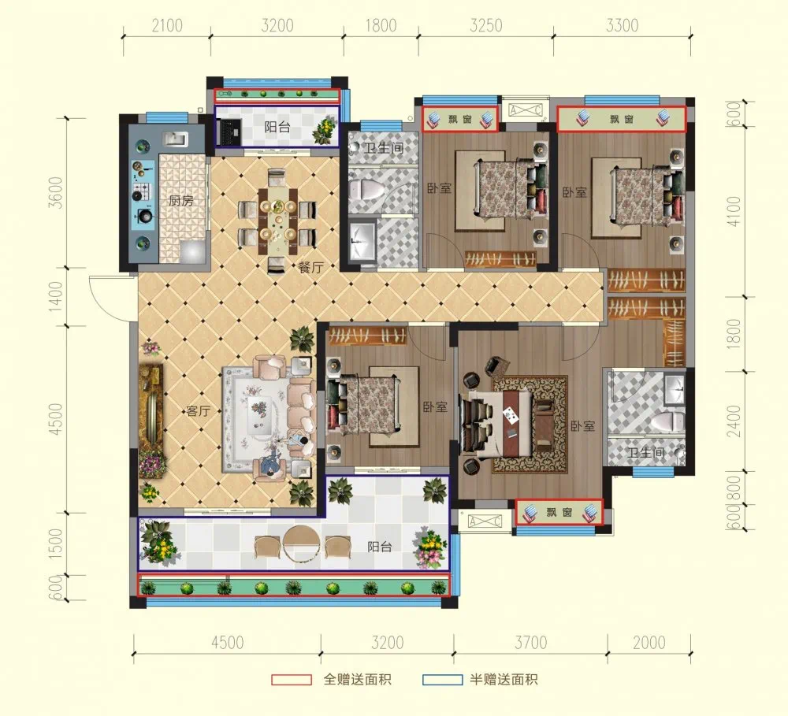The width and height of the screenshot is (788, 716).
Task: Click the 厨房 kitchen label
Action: tap(181, 201)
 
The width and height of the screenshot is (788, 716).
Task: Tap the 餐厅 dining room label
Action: tap(310, 267)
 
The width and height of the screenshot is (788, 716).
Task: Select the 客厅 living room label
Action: tap(198, 411)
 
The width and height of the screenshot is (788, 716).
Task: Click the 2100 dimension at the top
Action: tap(167, 25)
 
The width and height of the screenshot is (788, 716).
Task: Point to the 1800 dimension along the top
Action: tap(381, 25)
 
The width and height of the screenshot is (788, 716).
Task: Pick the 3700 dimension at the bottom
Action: tap(530, 642)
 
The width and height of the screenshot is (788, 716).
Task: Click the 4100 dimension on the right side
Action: tap(734, 211)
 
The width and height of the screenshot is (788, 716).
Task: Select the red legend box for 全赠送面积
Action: tap(292, 680)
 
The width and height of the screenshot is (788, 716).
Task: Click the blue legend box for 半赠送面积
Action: tap(442, 680)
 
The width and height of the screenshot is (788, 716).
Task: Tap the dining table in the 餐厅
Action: tap(278, 221)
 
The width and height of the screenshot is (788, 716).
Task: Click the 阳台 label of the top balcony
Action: tap(277, 127)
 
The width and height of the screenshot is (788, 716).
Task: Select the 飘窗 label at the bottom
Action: tap(559, 513)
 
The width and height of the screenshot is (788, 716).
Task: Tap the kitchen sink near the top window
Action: tap(175, 139)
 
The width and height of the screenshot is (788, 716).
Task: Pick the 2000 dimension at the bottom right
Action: tap(649, 642)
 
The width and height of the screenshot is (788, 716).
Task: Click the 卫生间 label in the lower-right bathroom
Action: tap(646, 453)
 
